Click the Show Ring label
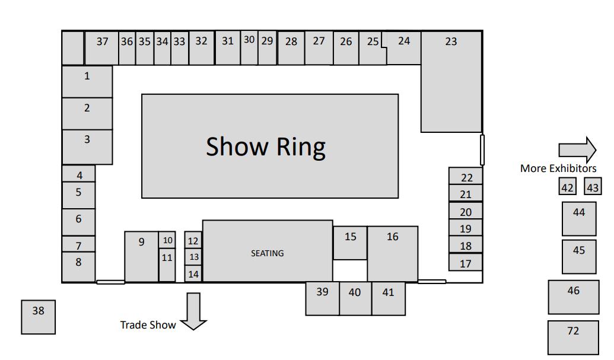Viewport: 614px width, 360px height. click(x=266, y=146)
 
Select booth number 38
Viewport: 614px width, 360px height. click(x=39, y=317)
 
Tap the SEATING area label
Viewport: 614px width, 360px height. click(x=267, y=253)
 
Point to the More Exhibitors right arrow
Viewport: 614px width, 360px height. click(x=577, y=149)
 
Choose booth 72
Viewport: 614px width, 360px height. click(x=572, y=337)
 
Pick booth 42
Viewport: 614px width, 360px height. click(x=568, y=187)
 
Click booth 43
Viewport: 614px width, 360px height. click(x=593, y=187)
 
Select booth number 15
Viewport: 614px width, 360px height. click(x=350, y=243)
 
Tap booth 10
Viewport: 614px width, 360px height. click(x=167, y=240)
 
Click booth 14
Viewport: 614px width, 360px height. click(x=193, y=274)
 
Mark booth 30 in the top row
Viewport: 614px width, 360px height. click(x=249, y=47)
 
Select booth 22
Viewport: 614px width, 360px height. click(x=466, y=177)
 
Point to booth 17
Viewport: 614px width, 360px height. click(x=466, y=263)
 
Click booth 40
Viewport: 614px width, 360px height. click(x=355, y=298)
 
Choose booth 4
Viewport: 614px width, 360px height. click(x=79, y=174)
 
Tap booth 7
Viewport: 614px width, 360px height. click(x=78, y=244)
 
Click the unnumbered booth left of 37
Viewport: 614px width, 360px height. click(x=73, y=48)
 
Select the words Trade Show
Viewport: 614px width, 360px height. click(x=148, y=325)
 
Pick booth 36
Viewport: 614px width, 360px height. click(x=127, y=48)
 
